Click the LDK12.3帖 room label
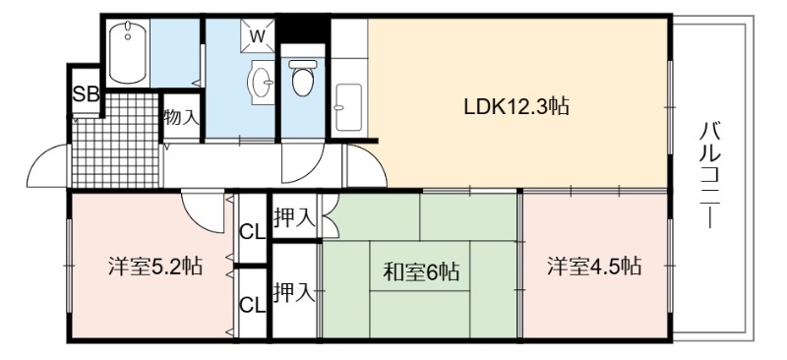click(516, 106)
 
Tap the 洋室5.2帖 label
click(155, 267)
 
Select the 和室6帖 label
click(421, 271)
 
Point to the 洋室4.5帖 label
click(594, 267)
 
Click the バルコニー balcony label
click(708, 174)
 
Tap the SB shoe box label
click(87, 93)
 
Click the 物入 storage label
click(182, 117)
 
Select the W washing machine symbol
click(257, 35)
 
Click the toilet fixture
click(303, 78)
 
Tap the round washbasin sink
click(262, 82)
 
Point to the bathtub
click(128, 52)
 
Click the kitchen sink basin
click(348, 107)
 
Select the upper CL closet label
click(252, 232)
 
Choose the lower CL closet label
click(252, 304)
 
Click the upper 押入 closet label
click(294, 218)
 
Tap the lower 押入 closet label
click(294, 292)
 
